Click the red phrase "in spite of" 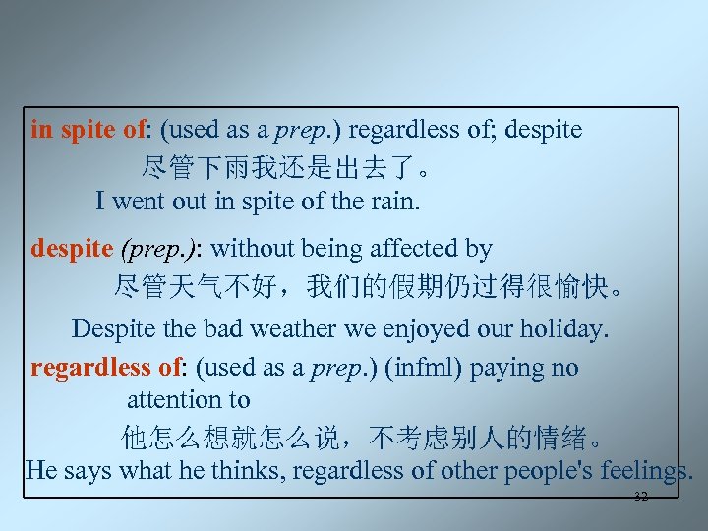click(88, 129)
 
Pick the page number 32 click(641, 497)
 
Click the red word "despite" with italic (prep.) click(72, 249)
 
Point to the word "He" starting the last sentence click(41, 470)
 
